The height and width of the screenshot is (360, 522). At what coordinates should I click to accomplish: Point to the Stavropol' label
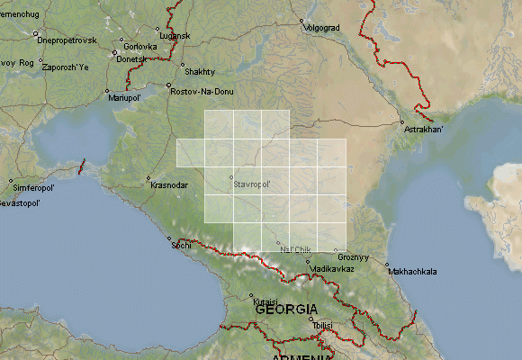tap(252, 184)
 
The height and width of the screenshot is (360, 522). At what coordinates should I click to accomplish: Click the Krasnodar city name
tap(170, 185)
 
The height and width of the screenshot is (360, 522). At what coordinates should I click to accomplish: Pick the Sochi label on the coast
tap(180, 245)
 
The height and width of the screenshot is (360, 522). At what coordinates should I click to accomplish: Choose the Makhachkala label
tap(411, 271)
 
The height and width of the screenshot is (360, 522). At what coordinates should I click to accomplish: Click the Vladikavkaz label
tap(331, 269)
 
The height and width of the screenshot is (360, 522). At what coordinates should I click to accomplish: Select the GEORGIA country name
tap(287, 309)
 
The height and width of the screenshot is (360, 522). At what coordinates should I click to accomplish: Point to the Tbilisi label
tap(322, 325)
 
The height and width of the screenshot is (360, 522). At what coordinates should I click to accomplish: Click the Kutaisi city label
tap(265, 301)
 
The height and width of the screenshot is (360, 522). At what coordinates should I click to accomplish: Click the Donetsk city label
tap(130, 59)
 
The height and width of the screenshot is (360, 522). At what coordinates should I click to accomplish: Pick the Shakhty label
tap(198, 71)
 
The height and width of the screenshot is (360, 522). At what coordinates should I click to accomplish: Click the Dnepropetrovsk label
tap(66, 40)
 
